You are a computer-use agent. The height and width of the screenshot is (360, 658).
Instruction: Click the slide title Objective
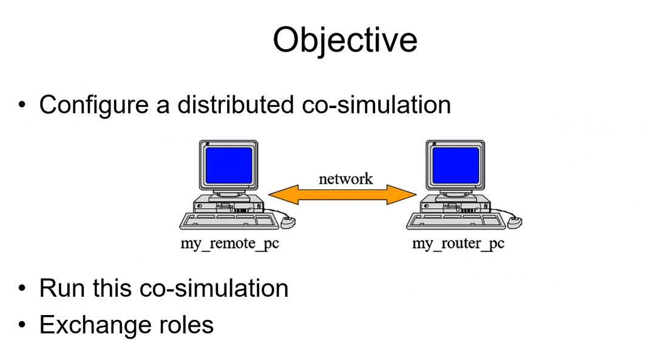[345, 41]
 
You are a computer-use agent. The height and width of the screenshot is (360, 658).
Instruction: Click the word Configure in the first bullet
[94, 105]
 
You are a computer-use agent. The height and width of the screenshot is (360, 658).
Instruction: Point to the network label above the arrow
[346, 178]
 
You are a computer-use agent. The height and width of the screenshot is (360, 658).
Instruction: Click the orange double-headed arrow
[342, 195]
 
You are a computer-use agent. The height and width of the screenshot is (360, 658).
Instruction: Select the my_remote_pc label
[230, 243]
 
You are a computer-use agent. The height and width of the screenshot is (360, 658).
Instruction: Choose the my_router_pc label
[458, 243]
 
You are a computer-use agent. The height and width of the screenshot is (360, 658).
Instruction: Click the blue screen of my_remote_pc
[229, 165]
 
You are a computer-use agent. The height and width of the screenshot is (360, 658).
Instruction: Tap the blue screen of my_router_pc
[456, 165]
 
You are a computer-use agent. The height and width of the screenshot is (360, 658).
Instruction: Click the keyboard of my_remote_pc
[229, 221]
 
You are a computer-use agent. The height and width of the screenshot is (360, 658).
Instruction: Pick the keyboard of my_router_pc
[456, 221]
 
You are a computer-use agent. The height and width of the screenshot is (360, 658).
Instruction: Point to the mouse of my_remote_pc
[288, 222]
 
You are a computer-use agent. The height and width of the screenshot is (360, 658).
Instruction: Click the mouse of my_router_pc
[515, 222]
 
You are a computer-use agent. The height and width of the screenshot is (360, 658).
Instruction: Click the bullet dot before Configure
[22, 104]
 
